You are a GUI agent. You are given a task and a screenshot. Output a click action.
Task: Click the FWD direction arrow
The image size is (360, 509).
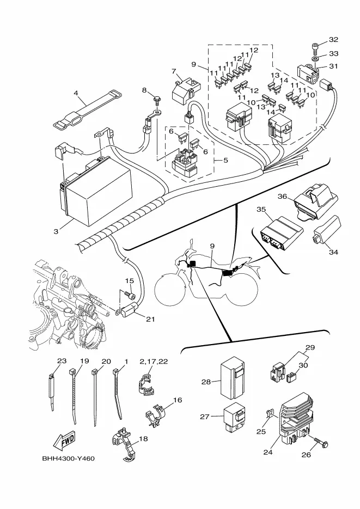[x=64, y=440]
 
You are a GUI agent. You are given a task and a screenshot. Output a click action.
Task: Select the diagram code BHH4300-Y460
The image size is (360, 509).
[x=69, y=459]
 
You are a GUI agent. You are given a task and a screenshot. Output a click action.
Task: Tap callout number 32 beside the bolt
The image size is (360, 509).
[x=333, y=40]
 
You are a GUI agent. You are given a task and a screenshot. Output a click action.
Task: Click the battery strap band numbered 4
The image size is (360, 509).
[x=87, y=109]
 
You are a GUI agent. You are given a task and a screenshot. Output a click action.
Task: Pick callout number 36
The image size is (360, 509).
[x=283, y=197]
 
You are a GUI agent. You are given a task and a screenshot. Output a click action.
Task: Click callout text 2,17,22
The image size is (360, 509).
[x=154, y=361]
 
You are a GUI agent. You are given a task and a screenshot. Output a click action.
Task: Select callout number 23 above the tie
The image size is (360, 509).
[x=62, y=361]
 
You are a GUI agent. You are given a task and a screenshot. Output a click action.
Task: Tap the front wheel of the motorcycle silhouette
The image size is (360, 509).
[x=171, y=289]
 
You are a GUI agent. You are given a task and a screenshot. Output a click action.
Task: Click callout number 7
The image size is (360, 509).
[x=174, y=71]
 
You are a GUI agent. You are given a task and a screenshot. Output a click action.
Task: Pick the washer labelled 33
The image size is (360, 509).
[x=315, y=59]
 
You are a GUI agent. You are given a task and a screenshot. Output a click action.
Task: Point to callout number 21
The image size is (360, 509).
[x=150, y=320]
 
